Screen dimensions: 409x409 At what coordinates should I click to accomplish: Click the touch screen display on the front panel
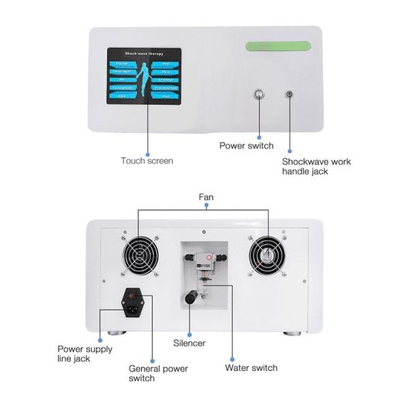[144, 76]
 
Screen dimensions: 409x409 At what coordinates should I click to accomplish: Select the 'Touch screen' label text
[147, 161]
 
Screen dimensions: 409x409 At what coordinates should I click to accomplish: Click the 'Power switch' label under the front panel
[246, 145]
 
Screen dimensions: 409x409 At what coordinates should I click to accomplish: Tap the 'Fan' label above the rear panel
[206, 197]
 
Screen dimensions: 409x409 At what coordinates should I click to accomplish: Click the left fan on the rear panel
[141, 258]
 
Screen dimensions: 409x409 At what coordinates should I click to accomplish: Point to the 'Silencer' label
[189, 344]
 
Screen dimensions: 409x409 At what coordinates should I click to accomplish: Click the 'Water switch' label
[251, 368]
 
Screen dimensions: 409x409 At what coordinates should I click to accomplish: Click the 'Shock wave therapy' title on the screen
[144, 52]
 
